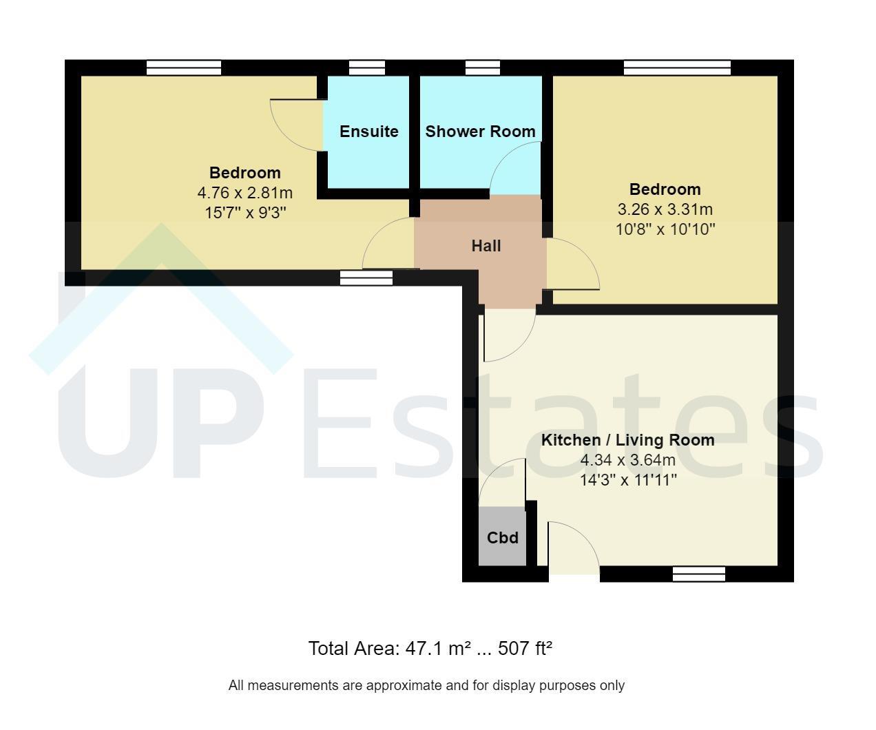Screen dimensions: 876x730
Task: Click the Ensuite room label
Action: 368,132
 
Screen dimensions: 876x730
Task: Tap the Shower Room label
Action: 481,132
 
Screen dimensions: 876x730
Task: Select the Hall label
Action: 486,245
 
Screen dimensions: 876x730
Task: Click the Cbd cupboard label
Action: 503,537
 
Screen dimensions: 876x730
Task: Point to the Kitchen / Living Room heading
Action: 627,440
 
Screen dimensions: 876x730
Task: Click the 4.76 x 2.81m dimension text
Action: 245,193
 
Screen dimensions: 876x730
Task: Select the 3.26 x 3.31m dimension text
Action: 665,209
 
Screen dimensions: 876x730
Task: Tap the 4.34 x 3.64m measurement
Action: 627,460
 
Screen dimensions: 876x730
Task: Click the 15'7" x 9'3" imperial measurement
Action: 245,212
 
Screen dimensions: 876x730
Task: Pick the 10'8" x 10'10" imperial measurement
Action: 665,229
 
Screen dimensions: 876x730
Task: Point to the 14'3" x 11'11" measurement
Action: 628,479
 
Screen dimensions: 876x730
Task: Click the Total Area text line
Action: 430,648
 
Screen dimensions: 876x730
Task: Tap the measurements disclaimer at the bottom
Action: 426,685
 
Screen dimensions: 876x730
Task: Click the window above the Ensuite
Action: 367,67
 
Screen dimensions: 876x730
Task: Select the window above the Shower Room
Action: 483,67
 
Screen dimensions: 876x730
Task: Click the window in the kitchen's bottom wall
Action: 699,574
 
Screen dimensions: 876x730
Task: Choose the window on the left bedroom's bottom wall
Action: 366,278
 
